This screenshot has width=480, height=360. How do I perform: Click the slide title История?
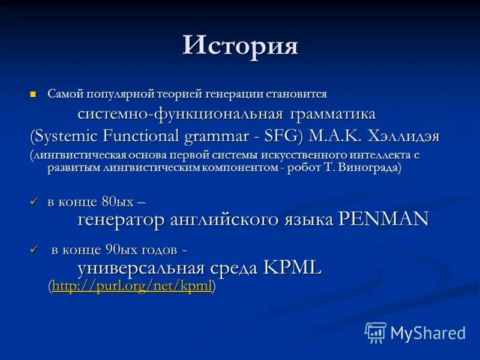[x=240, y=46]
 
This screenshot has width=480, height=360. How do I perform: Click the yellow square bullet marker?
[x=34, y=94]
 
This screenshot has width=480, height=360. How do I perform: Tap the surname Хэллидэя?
[x=401, y=136]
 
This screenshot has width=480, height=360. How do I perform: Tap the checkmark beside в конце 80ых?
[x=34, y=202]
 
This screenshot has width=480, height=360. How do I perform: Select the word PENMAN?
[x=383, y=219]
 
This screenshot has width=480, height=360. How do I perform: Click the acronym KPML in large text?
[x=292, y=268]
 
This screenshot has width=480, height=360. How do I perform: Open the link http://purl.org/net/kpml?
[x=132, y=287]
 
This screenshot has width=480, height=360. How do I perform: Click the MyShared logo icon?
[x=375, y=332]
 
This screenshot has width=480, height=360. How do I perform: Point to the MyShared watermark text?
[x=428, y=333]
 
